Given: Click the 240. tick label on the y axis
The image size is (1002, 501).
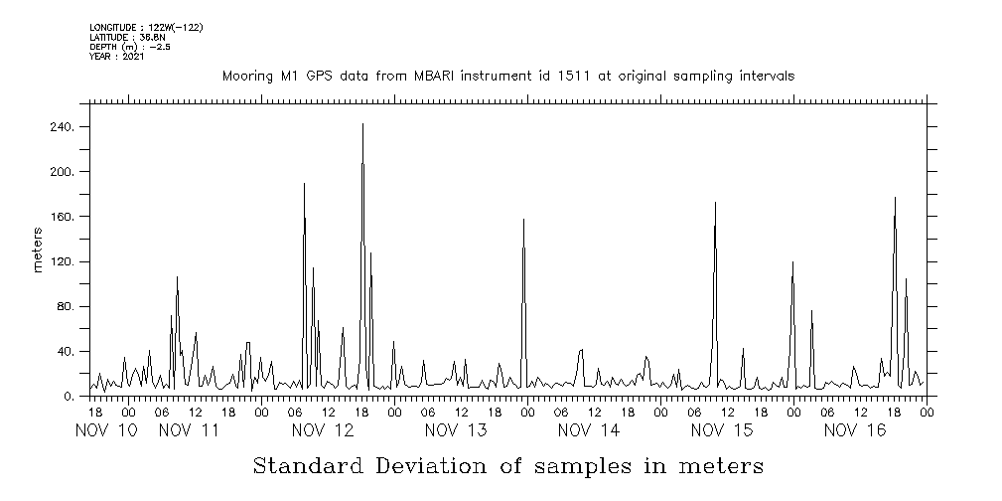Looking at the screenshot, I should coord(63,127).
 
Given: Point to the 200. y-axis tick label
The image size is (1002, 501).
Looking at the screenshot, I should coord(63,172).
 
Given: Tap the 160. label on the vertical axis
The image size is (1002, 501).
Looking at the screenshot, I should coord(63,217).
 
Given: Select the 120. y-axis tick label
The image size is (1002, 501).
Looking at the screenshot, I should coord(63,261).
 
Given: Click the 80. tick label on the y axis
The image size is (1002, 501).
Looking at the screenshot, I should coord(66,306).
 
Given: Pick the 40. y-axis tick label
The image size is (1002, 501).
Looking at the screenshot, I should coord(66,352).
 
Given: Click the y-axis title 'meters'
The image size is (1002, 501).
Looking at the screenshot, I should coord(38,250).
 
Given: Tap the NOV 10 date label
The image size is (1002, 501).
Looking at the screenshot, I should coord(106,430).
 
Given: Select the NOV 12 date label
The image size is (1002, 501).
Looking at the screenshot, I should coord(323,430).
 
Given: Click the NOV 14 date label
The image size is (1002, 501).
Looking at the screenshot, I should coord(589,430).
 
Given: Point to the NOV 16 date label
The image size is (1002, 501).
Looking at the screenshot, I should coord(855,430).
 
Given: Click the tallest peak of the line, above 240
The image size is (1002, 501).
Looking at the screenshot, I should coord(362,124).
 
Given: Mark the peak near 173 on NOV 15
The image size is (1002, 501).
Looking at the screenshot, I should coord(715,203).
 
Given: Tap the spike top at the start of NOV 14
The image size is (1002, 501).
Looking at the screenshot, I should coord(523,220).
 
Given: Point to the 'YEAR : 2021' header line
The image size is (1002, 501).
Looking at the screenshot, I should coord(117,57).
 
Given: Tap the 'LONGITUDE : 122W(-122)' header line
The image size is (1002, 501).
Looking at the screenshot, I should coord(146,27).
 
